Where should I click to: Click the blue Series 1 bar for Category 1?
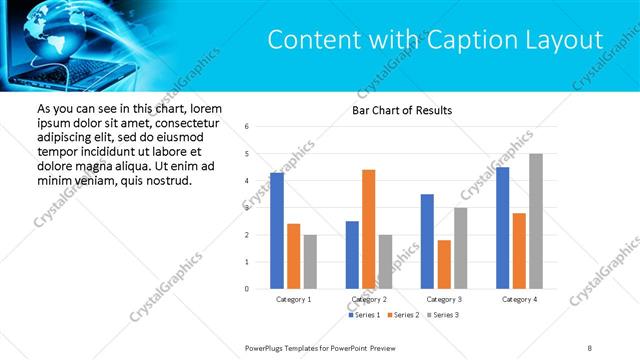277,231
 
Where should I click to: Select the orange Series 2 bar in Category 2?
368,229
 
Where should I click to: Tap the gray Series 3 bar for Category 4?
536,221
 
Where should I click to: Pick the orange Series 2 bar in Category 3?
444,264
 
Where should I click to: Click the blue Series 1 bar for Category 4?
502,228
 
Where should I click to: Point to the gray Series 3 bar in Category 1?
310,262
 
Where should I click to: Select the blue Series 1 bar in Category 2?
352,255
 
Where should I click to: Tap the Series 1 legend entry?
363,315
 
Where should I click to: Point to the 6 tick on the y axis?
247,127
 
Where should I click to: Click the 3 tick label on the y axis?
247,208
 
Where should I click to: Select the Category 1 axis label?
293,299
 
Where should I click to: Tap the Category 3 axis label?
444,299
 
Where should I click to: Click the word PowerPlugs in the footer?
267,347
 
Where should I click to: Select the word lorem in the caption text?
204,108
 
